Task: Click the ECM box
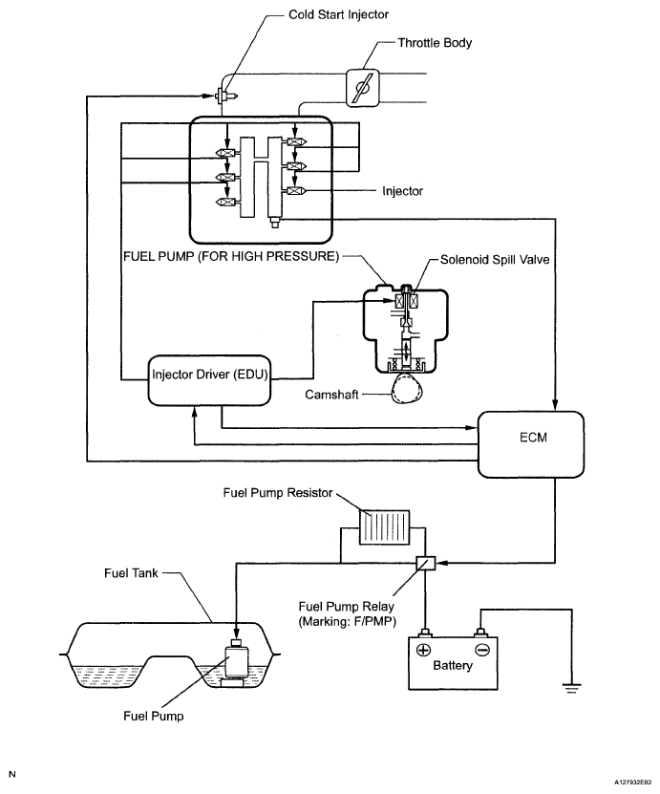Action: coord(531,444)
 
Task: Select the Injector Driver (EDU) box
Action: coord(209,380)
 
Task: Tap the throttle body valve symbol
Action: coord(362,88)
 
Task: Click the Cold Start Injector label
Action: coord(338,14)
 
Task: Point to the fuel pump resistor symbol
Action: coord(384,527)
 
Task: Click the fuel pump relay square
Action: coord(426,563)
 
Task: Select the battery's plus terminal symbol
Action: coord(423,650)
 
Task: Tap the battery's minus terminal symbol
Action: coord(481,650)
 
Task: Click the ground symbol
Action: coord(571,688)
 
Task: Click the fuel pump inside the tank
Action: coord(233,663)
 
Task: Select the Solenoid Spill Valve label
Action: coord(495,260)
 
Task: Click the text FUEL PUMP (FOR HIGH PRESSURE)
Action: coord(231,256)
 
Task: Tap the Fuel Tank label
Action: coord(131,573)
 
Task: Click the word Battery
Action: coord(453,665)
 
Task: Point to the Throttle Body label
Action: coord(435,43)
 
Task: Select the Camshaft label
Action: coord(331,395)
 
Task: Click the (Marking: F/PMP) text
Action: coord(348,621)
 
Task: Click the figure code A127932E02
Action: coord(633,783)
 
